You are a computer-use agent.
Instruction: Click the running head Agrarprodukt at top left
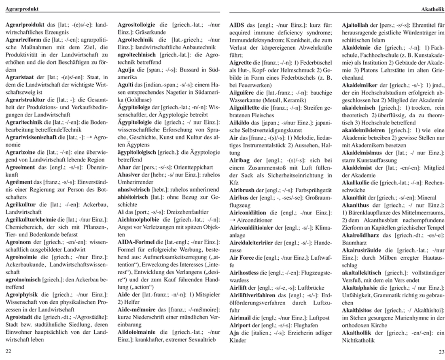tap(20, 8)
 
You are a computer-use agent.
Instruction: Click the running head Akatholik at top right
tap(433, 8)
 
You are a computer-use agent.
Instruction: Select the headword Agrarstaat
tap(19, 77)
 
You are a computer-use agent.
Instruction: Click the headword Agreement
tap(20, 167)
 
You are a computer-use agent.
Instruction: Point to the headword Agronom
tap(18, 242)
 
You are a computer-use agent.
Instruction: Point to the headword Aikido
tap(239, 122)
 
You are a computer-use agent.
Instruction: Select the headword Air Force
tap(242, 257)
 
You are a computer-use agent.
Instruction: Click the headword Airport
tap(240, 325)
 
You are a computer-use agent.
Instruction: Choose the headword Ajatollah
tap(355, 25)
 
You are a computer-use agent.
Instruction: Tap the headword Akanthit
tap(353, 197)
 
